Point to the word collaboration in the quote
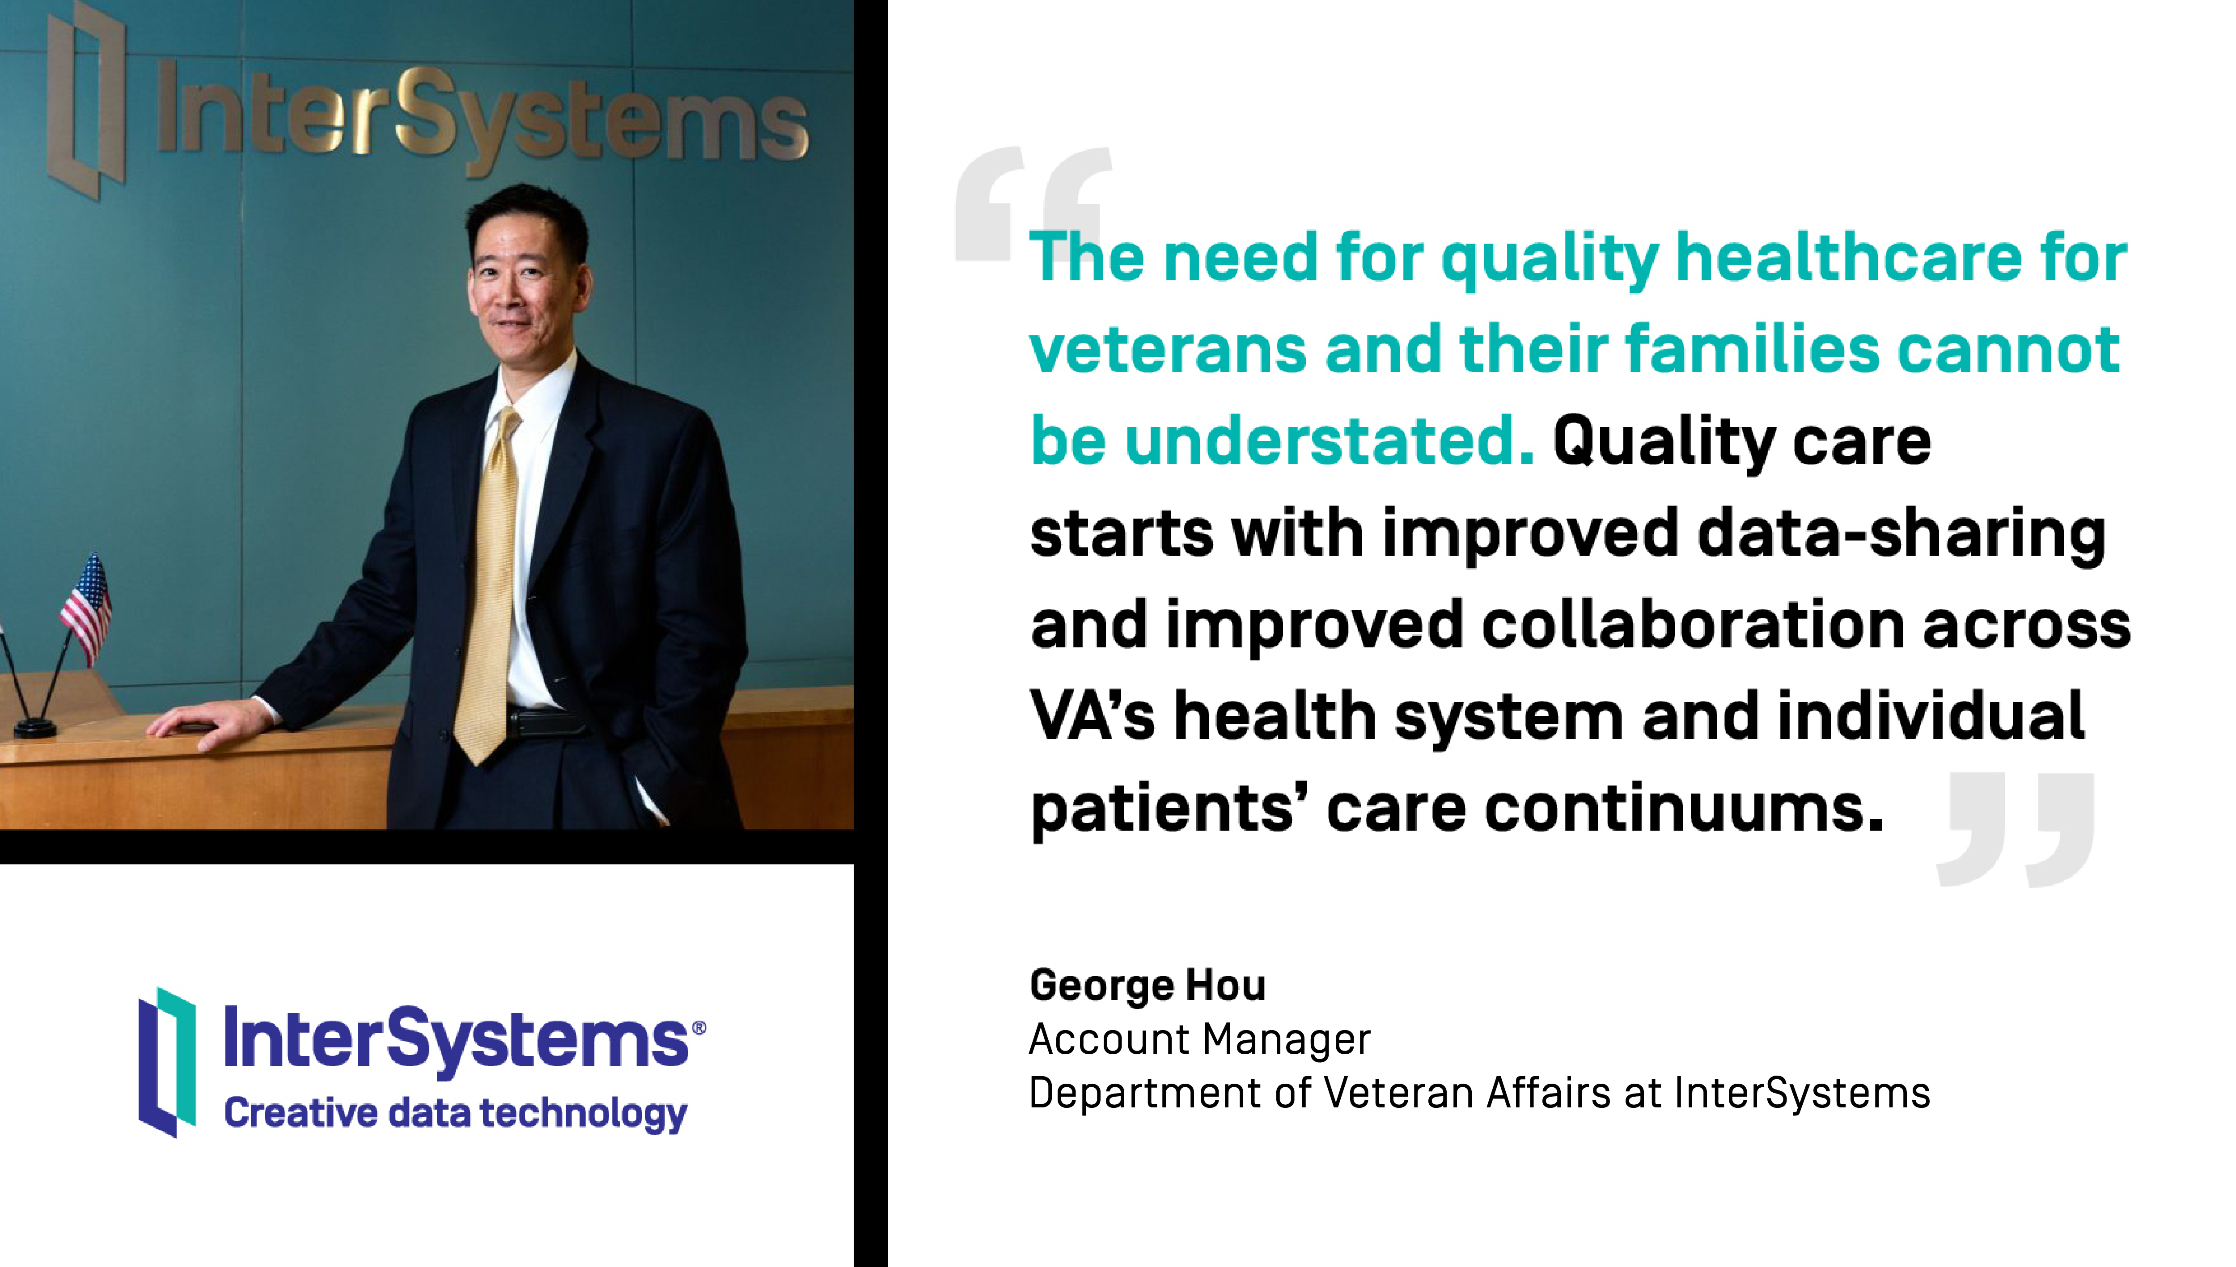point(1693,625)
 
